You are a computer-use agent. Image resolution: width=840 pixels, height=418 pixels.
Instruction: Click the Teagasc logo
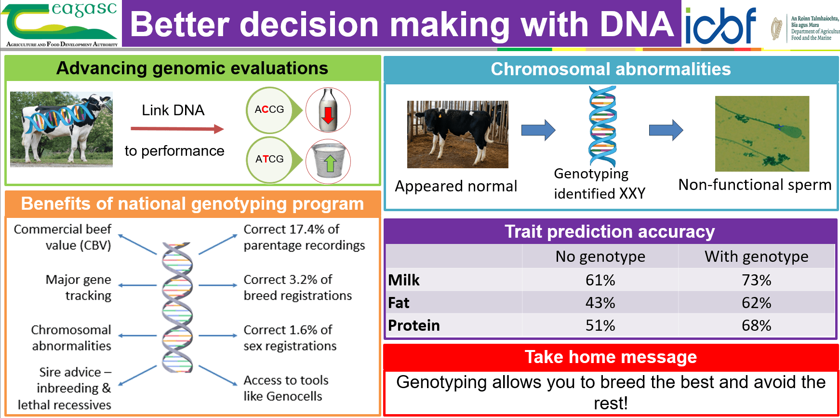click(61, 24)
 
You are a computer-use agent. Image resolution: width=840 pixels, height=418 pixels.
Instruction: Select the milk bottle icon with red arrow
click(328, 110)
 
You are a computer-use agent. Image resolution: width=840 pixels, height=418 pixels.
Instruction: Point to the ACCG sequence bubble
click(270, 110)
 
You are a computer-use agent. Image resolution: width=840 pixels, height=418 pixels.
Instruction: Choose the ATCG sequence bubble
click(270, 159)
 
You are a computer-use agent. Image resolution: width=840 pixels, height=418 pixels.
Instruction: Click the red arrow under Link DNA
click(177, 129)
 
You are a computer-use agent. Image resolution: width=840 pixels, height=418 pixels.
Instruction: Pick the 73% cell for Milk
click(756, 280)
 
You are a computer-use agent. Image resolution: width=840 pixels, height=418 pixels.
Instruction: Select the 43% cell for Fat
click(600, 303)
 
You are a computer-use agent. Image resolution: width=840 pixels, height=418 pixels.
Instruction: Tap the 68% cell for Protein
click(756, 325)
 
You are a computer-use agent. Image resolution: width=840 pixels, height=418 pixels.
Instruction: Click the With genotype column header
click(756, 256)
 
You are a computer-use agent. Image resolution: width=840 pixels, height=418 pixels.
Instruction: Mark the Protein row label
click(413, 325)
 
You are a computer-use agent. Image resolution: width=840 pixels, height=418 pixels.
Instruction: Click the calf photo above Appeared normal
click(457, 134)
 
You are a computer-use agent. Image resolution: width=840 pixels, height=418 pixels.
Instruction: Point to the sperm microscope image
click(762, 134)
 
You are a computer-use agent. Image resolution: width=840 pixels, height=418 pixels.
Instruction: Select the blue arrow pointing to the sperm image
click(666, 130)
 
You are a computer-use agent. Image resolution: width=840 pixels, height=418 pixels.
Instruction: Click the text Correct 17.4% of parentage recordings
click(304, 237)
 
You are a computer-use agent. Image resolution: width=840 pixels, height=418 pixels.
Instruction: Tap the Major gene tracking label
click(79, 287)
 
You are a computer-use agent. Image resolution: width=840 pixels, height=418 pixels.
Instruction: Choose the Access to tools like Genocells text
click(285, 388)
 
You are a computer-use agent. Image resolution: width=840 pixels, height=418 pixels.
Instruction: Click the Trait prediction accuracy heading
click(610, 232)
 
